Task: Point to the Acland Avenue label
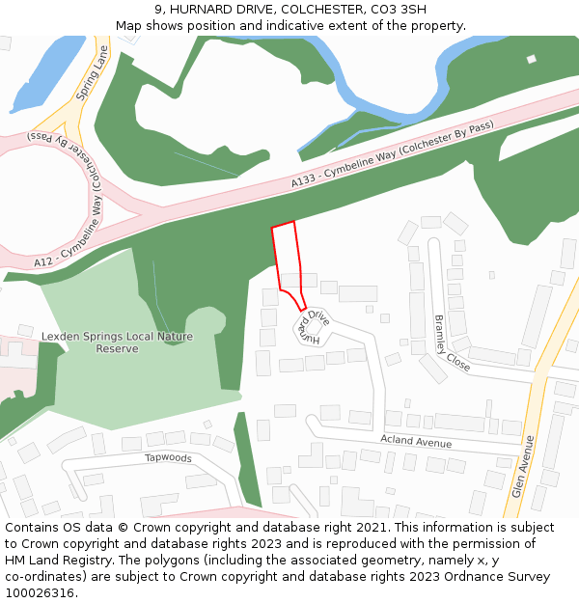(416, 442)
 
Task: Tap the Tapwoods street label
(168, 458)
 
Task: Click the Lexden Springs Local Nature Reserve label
(117, 343)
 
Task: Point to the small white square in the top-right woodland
(531, 60)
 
